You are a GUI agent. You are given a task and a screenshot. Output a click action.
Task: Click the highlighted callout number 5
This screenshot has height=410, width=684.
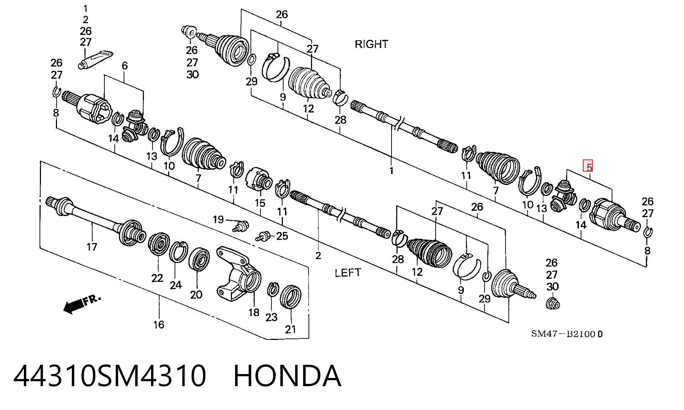tap(589, 167)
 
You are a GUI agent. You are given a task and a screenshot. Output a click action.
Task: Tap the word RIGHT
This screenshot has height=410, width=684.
tap(371, 44)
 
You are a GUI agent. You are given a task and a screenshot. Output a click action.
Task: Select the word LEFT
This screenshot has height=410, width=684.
tap(348, 273)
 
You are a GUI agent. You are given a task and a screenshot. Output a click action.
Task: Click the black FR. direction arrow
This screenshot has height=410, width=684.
tap(82, 304)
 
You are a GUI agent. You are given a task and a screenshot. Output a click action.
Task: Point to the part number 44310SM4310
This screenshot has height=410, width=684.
tap(110, 376)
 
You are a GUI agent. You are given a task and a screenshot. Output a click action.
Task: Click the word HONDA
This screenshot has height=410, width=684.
tap(287, 376)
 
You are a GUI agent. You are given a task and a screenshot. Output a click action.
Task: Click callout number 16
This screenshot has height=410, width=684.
tap(159, 324)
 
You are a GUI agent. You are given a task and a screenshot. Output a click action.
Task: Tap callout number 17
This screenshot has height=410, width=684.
tap(92, 247)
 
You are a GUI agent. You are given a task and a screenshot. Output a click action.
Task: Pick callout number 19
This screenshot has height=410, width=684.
tap(218, 219)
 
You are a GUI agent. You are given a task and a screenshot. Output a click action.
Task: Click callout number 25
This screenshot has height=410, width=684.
tap(282, 236)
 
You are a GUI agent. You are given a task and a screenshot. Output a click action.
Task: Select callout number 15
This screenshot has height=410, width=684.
tap(260, 203)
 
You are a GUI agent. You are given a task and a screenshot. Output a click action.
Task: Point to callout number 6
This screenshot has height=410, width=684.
tap(125, 65)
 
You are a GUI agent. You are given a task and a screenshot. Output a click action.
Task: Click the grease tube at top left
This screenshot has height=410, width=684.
tap(95, 59)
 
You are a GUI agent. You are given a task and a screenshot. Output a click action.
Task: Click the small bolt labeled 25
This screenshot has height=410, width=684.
tap(263, 236)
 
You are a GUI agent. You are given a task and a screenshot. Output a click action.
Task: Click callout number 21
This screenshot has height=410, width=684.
tap(291, 329)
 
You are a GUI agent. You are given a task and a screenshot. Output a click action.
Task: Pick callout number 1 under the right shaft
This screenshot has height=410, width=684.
tap(391, 171)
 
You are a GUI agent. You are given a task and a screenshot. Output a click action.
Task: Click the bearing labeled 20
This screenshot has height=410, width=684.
tap(199, 260)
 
